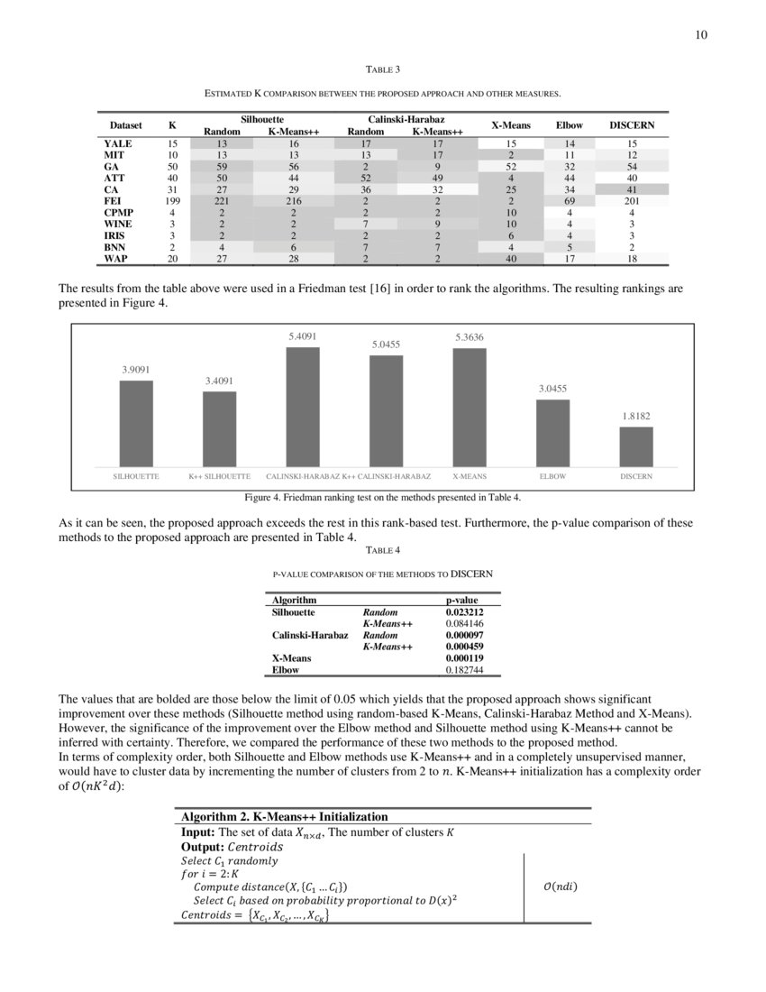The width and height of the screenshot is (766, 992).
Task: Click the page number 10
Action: coord(701,35)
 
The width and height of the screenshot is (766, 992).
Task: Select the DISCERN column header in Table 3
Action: coord(632,125)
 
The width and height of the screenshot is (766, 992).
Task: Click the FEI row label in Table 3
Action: coord(114,201)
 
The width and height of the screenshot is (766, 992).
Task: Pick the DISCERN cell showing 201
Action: coord(632,201)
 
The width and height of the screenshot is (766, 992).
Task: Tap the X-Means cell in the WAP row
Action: coord(510,260)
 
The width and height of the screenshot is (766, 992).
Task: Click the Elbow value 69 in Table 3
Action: coord(569,201)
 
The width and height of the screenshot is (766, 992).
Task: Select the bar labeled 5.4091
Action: coord(303,406)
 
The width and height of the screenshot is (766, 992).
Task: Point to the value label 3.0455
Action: coord(552,389)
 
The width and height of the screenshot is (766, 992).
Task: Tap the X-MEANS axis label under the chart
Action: coord(470,476)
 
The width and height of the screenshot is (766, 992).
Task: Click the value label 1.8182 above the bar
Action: coord(636,417)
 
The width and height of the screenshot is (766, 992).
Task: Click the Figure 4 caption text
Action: coord(382,497)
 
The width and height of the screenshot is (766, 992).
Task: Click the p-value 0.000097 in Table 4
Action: coord(465,636)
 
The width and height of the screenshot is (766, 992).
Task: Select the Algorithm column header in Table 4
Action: coord(294,600)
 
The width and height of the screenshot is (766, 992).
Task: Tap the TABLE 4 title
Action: coord(382,549)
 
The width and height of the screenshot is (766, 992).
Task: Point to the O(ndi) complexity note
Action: coord(560,886)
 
